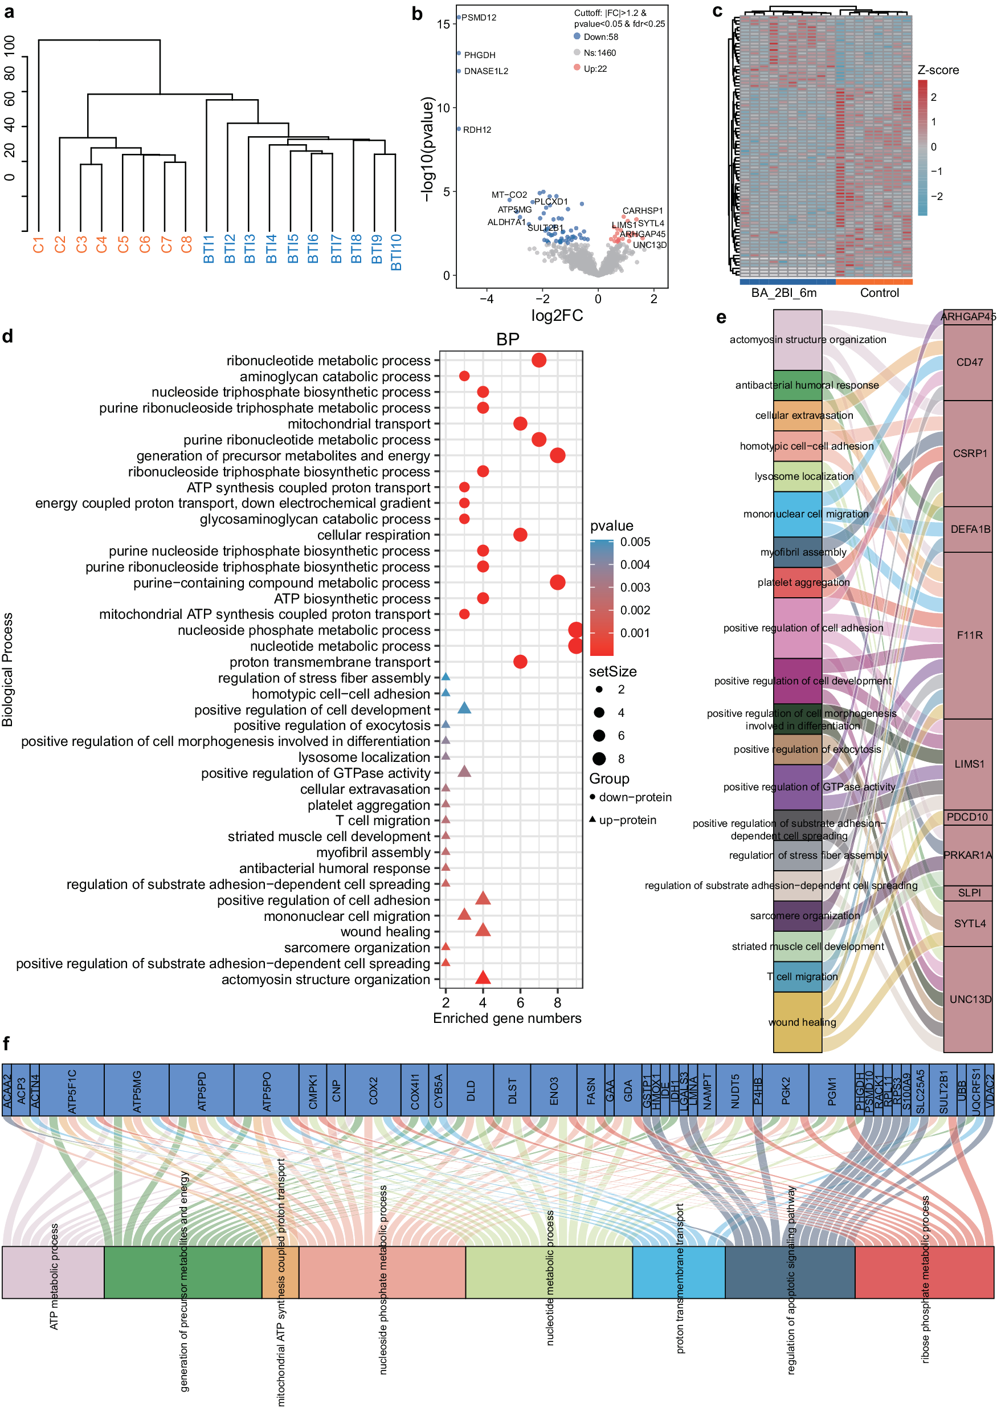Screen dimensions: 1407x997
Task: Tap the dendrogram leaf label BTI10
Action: [396, 252]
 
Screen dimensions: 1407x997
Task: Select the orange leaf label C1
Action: [39, 244]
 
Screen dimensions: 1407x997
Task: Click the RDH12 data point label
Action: [476, 129]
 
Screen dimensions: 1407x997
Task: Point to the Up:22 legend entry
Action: [595, 69]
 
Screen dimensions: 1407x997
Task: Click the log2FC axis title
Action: [557, 316]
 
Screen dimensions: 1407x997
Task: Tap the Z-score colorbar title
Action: [937, 70]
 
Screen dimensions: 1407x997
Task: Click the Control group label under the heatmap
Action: [878, 293]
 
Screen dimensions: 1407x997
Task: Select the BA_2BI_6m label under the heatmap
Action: [783, 293]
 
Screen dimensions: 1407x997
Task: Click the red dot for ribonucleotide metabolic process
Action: [538, 361]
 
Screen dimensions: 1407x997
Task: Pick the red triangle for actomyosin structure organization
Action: [483, 978]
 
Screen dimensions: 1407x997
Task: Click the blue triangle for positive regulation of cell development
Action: [464, 709]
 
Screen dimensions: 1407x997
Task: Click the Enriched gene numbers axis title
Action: [506, 1018]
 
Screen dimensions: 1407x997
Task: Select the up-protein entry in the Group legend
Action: [627, 820]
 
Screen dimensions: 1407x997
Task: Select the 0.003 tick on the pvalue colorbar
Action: [635, 587]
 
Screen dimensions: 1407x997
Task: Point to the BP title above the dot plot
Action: [507, 339]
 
